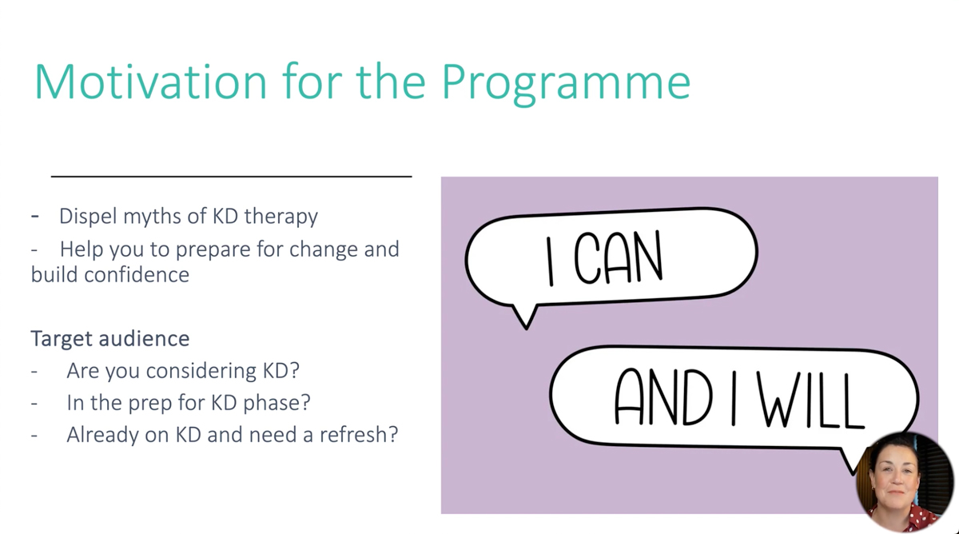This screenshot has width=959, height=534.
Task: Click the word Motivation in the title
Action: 150,82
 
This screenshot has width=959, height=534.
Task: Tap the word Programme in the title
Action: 566,84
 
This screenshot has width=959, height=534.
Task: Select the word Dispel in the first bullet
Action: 88,217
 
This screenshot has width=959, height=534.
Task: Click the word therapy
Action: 281,217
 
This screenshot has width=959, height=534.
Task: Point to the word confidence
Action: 137,274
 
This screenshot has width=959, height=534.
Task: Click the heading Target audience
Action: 110,338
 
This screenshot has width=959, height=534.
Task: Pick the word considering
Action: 201,371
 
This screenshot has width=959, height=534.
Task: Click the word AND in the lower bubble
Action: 663,397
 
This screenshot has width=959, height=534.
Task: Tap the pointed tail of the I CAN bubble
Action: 526,329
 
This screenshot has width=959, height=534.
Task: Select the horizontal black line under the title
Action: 231,176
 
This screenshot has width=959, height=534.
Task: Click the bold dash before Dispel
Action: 35,217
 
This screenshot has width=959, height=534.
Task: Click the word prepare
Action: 213,250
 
